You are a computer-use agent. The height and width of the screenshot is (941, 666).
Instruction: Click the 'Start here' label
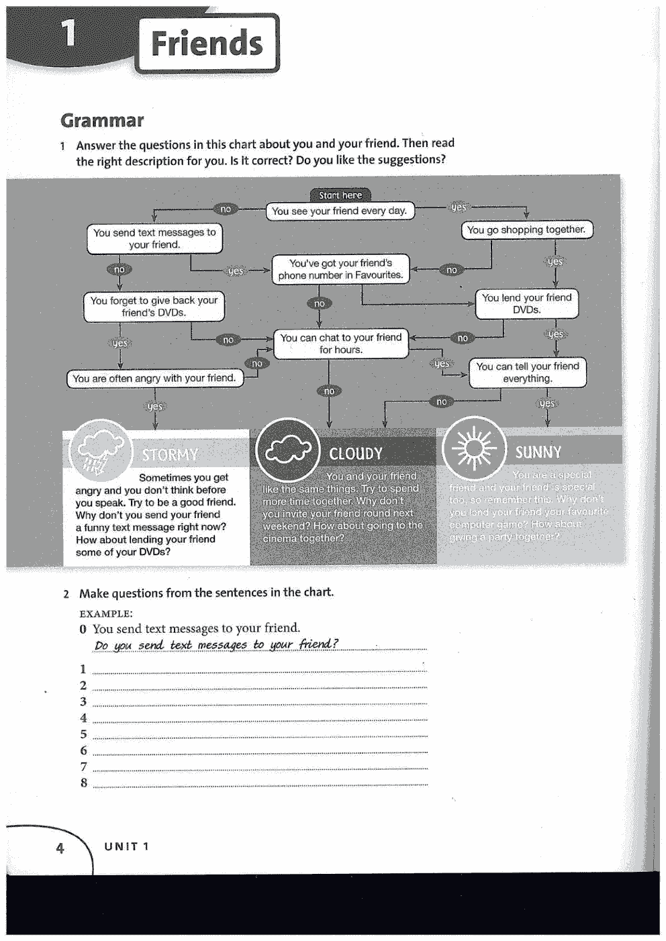click(340, 195)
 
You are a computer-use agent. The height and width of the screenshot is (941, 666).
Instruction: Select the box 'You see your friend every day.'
click(340, 211)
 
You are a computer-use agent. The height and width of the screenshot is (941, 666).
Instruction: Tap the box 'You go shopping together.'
click(526, 230)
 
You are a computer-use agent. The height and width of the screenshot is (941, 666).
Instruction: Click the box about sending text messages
click(154, 239)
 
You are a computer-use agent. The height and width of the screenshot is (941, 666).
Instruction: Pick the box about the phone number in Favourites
click(340, 269)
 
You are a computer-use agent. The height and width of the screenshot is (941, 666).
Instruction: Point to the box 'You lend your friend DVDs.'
click(526, 304)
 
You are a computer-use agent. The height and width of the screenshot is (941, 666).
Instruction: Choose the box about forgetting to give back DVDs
click(154, 307)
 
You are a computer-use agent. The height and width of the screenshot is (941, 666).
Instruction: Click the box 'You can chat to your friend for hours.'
click(340, 344)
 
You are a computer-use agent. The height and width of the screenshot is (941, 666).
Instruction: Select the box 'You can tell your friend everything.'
click(527, 373)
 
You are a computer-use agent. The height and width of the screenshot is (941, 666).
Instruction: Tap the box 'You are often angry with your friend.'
click(154, 379)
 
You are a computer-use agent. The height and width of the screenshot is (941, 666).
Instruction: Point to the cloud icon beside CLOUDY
click(288, 450)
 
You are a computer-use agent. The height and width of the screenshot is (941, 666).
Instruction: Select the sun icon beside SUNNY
click(474, 448)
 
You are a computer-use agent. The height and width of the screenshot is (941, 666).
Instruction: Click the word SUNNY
click(538, 452)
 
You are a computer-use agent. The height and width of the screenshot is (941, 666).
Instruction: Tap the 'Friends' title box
click(207, 44)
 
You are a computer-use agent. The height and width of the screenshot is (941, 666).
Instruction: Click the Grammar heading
click(102, 121)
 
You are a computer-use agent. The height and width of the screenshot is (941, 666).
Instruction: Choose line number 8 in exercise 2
click(84, 783)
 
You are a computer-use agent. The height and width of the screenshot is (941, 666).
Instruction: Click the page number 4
click(60, 848)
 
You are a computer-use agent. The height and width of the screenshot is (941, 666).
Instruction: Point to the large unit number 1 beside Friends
click(68, 33)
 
